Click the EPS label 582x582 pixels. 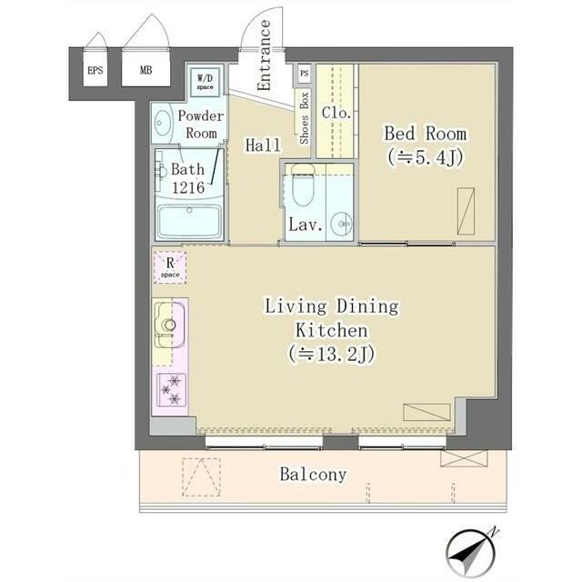95,70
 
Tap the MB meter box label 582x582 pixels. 145,70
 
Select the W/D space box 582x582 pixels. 206,82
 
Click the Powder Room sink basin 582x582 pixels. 162,123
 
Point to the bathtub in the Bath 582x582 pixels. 189,222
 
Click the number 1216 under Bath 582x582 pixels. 188,188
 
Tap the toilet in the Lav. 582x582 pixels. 303,186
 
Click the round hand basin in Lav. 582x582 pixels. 342,224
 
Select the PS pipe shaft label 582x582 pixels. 305,73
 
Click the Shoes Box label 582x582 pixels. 304,118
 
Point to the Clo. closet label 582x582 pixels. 336,113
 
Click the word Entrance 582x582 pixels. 264,55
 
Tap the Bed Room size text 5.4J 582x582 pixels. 426,158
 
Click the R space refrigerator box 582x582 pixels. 170,267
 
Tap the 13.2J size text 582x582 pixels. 331,354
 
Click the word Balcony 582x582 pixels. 313,475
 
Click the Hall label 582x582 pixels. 263,145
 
